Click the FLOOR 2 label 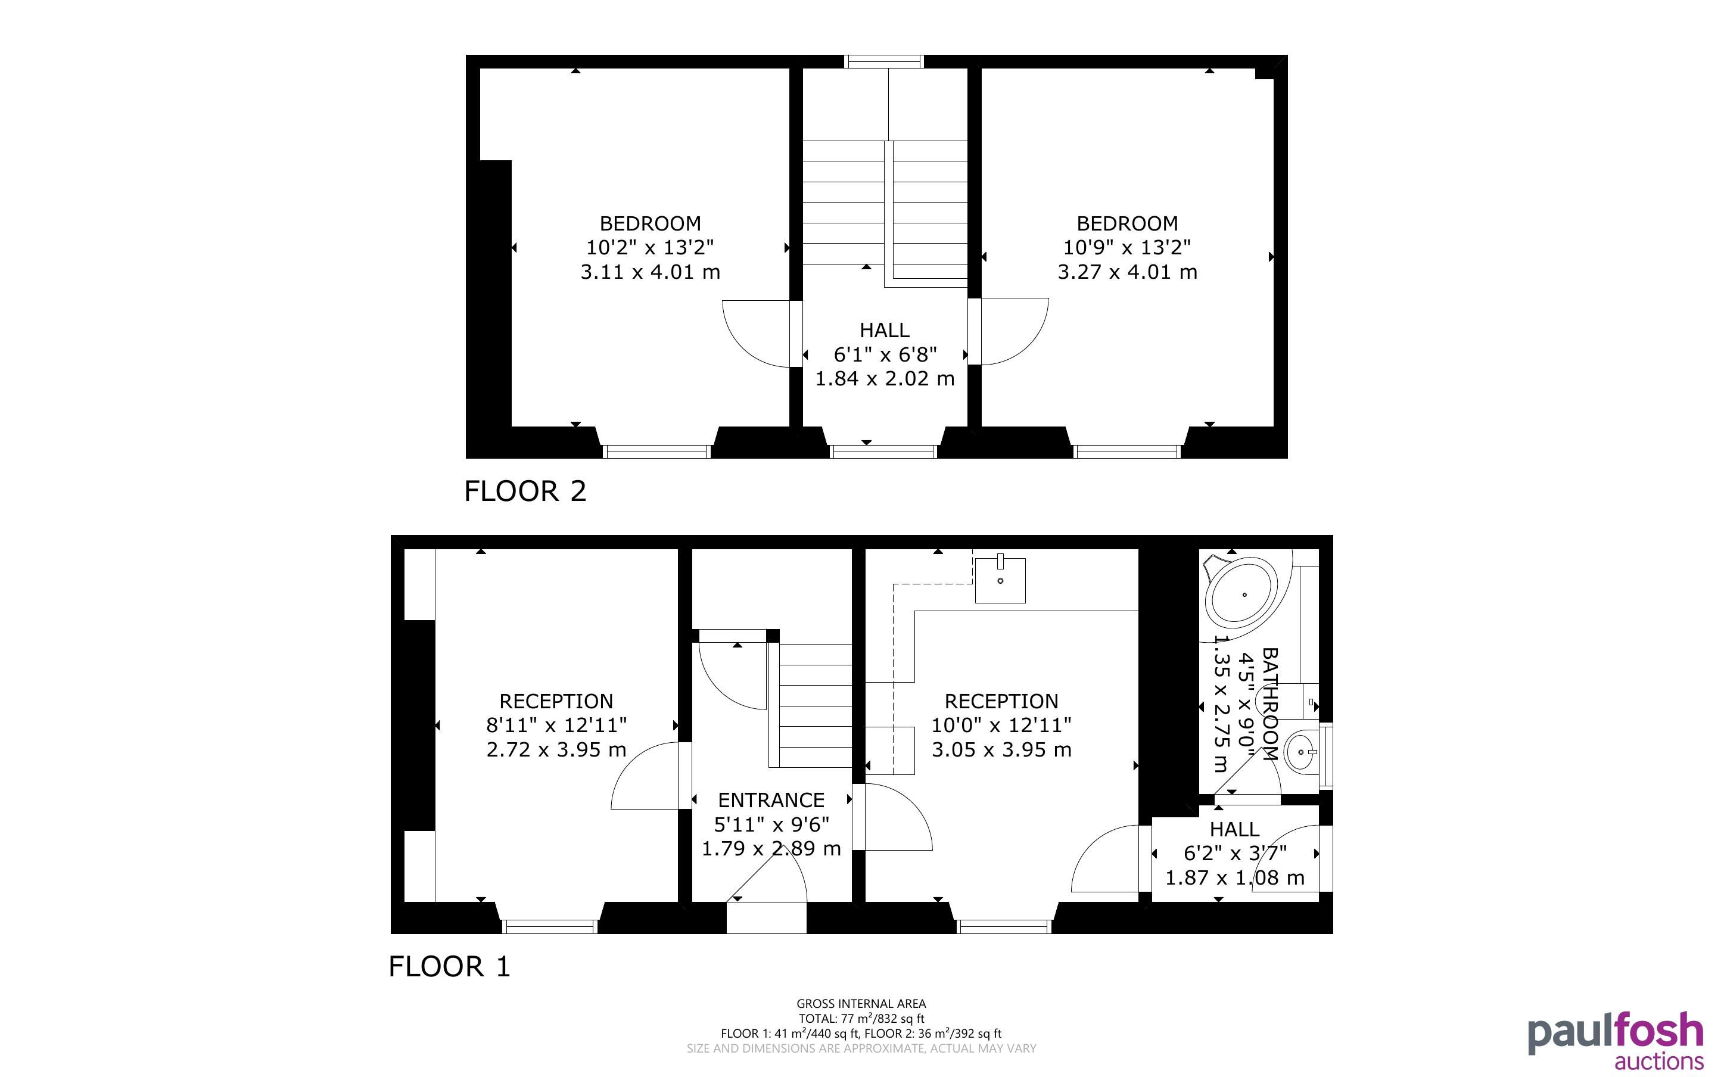[x=525, y=491]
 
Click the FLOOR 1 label [x=450, y=967]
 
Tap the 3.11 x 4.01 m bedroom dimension [x=650, y=272]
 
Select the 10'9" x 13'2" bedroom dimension [x=1127, y=247]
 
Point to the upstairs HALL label [x=885, y=331]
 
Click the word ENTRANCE [x=771, y=800]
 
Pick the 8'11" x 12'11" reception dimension [x=556, y=725]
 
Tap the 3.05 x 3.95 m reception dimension [x=1001, y=749]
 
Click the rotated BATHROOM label [x=1269, y=704]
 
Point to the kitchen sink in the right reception [x=1000, y=580]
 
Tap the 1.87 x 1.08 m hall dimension [x=1235, y=877]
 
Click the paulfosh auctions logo [x=1615, y=1040]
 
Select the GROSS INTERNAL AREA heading [x=861, y=1004]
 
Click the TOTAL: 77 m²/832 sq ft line [x=861, y=1019]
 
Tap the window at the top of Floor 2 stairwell [x=883, y=62]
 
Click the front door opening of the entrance [x=766, y=917]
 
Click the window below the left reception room [x=549, y=927]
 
